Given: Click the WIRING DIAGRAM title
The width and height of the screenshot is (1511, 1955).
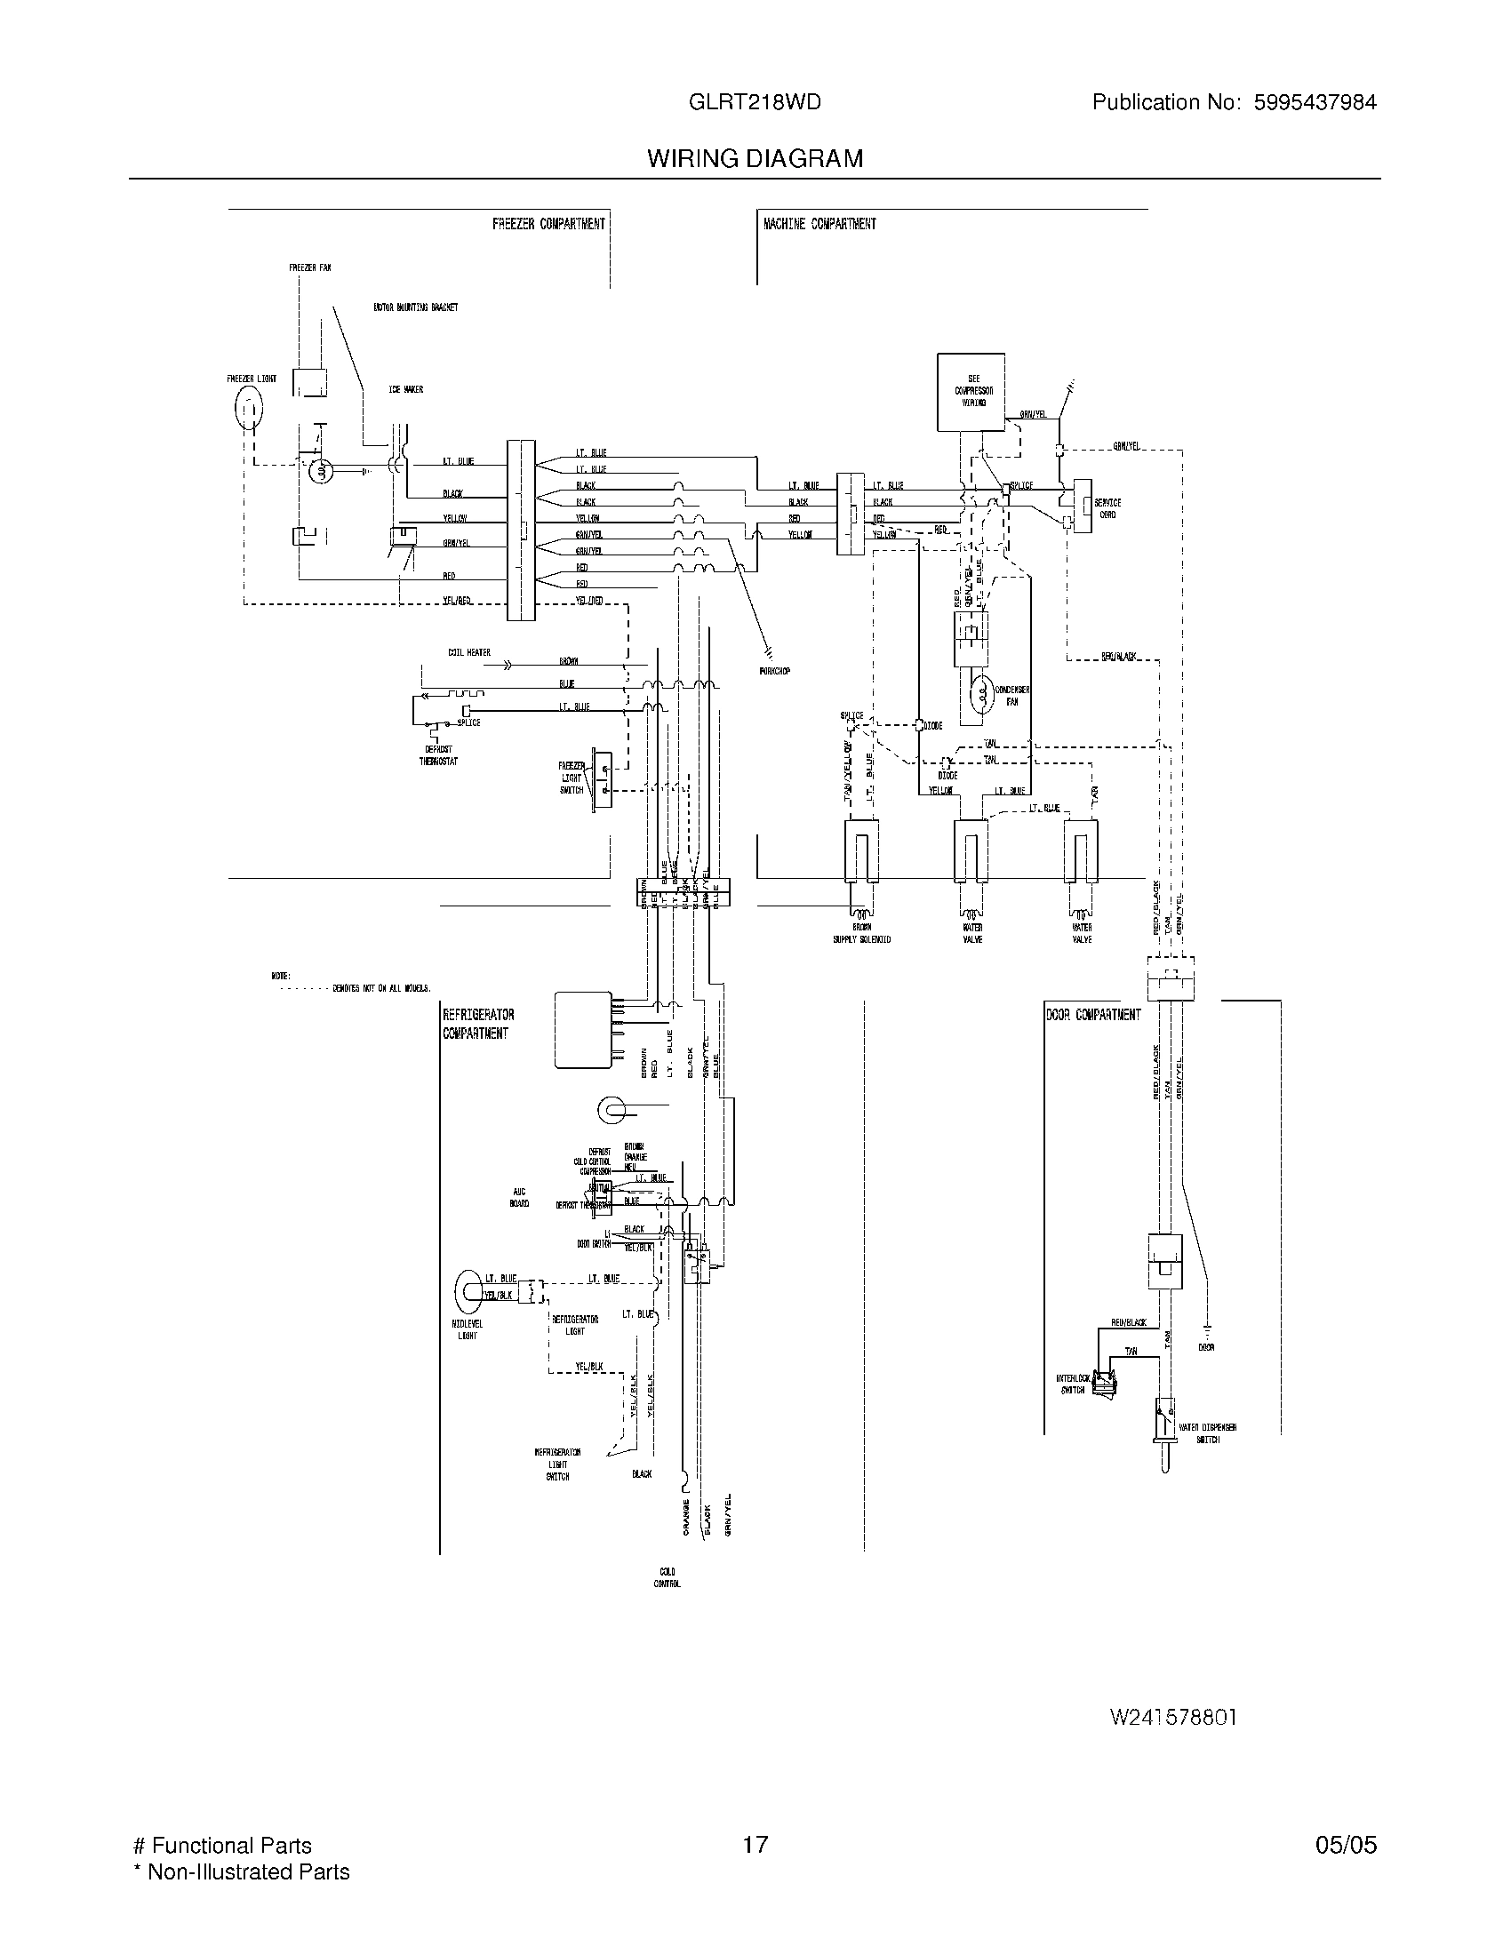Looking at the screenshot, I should click(755, 158).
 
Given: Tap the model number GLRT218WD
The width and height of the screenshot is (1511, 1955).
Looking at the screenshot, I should click(754, 102).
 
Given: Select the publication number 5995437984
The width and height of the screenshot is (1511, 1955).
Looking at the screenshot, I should click(1314, 102).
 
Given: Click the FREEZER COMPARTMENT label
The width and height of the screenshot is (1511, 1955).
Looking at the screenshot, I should click(548, 224).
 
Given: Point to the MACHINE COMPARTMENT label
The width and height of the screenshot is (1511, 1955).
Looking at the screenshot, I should click(819, 224).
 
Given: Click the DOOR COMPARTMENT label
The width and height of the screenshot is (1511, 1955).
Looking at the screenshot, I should click(1093, 1014).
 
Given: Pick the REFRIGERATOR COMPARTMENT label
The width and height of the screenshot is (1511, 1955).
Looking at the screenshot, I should click(478, 1024).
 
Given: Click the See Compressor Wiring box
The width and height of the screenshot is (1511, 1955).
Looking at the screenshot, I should click(971, 391).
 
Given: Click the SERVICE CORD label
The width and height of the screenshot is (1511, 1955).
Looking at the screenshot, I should click(1107, 508).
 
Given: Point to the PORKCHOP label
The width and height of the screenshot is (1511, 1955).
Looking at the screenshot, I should click(775, 670).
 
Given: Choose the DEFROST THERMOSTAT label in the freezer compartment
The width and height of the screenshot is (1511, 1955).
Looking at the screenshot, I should click(437, 755).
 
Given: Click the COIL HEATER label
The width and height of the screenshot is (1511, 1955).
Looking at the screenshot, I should click(469, 652).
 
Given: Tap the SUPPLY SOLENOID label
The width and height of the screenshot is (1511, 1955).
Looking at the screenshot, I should click(861, 939).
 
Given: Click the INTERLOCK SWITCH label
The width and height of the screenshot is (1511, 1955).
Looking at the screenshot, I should click(1073, 1384).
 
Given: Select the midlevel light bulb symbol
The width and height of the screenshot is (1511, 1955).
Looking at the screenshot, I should click(469, 1287).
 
